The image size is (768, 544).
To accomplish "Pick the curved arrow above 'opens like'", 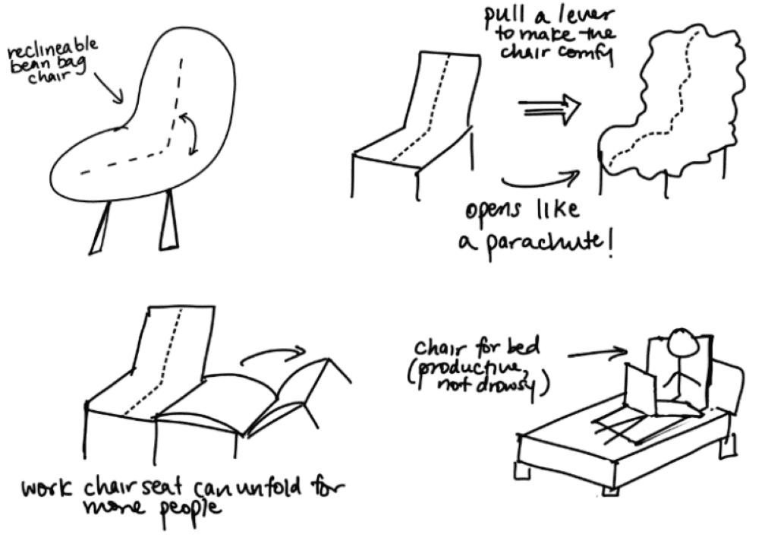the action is (x=540, y=179).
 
